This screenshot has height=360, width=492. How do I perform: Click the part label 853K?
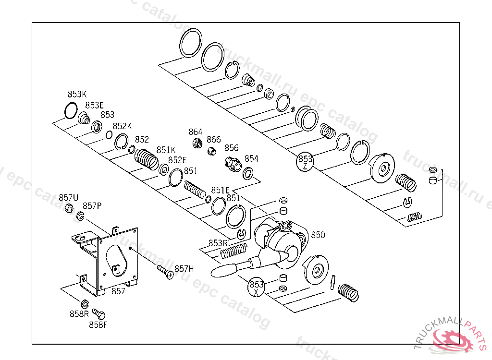pyautogui.click(x=77, y=94)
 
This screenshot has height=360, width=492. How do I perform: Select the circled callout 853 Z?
pyautogui.click(x=305, y=162)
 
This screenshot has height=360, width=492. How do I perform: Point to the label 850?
pyautogui.click(x=318, y=235)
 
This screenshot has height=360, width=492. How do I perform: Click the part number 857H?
pyautogui.click(x=184, y=269)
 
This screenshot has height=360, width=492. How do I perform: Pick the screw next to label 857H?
pyautogui.click(x=165, y=272)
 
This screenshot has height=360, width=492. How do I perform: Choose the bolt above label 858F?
pyautogui.click(x=98, y=313)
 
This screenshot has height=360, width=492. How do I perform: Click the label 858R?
pyautogui.click(x=79, y=314)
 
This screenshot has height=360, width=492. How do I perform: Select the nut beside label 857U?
pyautogui.click(x=69, y=208)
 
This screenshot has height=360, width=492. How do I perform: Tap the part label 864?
pyautogui.click(x=195, y=132)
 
